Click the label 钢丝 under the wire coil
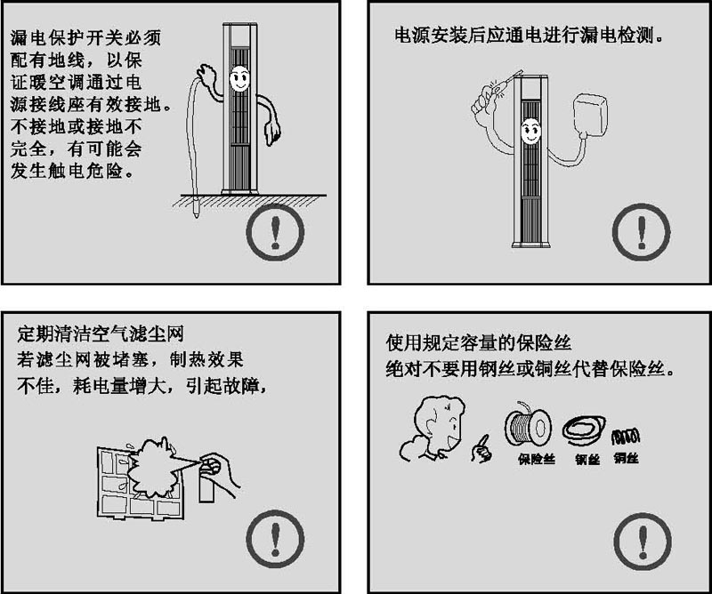(x=587, y=460)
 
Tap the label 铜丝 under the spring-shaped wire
(x=625, y=459)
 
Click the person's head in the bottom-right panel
(x=436, y=422)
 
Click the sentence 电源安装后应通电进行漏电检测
(x=530, y=38)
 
